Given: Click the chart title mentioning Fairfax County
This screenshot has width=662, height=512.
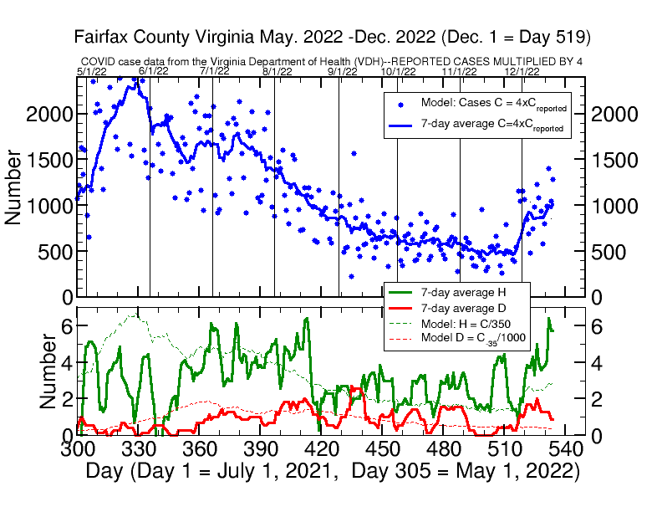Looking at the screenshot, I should pos(333,38).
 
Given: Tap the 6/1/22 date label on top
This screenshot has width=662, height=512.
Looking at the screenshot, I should pos(153,72).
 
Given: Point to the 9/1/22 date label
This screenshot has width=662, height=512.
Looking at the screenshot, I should pos(342,72).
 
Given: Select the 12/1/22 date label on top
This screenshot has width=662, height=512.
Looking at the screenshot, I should pos(522,72).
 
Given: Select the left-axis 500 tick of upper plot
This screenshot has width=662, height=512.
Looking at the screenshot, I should pos(54,252).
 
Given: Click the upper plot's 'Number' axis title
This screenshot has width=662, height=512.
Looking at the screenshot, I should pos(14,187).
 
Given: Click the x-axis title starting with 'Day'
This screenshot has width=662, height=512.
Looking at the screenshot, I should pos(333,471).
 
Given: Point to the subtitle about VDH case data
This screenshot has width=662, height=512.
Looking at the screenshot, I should pos(333,62).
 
